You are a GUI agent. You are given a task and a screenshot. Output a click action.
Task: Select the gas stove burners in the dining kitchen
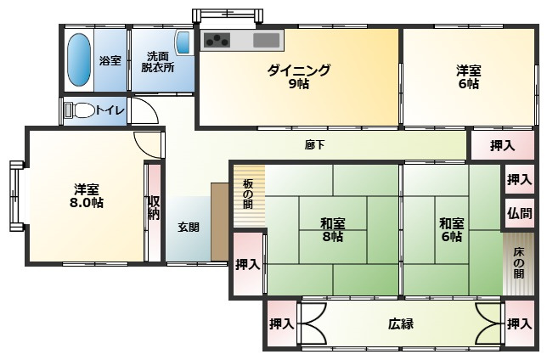pyautogui.click(x=216, y=39)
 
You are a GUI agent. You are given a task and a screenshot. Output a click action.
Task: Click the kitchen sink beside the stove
pyautogui.click(x=266, y=40)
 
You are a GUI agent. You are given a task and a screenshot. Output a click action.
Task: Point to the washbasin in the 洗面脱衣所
pyautogui.click(x=183, y=42)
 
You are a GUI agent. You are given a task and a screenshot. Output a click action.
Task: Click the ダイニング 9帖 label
pyautogui.click(x=297, y=76)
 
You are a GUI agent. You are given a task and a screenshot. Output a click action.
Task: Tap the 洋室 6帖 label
pyautogui.click(x=468, y=77)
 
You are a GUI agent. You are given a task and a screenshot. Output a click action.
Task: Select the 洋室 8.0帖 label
pyautogui.click(x=87, y=195)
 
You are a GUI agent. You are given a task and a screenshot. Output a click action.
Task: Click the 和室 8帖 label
pyautogui.click(x=332, y=230)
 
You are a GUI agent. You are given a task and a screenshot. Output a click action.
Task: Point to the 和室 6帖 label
pyautogui.click(x=451, y=230)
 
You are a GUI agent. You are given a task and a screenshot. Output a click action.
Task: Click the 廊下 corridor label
pyautogui.click(x=314, y=144)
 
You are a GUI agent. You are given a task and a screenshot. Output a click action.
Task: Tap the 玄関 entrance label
pyautogui.click(x=188, y=227)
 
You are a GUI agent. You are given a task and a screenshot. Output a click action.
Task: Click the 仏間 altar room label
pyautogui.click(x=519, y=212)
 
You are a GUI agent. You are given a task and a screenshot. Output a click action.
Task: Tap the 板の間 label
pyautogui.click(x=247, y=199)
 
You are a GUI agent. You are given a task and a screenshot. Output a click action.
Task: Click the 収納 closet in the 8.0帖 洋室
pyautogui.click(x=154, y=207)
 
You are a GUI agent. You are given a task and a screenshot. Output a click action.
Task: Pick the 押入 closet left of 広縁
pyautogui.click(x=280, y=324)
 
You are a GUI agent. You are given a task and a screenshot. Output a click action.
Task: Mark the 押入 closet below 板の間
pyautogui.click(x=247, y=264)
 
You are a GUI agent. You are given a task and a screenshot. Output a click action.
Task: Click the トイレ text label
pyautogui.click(x=110, y=110)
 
